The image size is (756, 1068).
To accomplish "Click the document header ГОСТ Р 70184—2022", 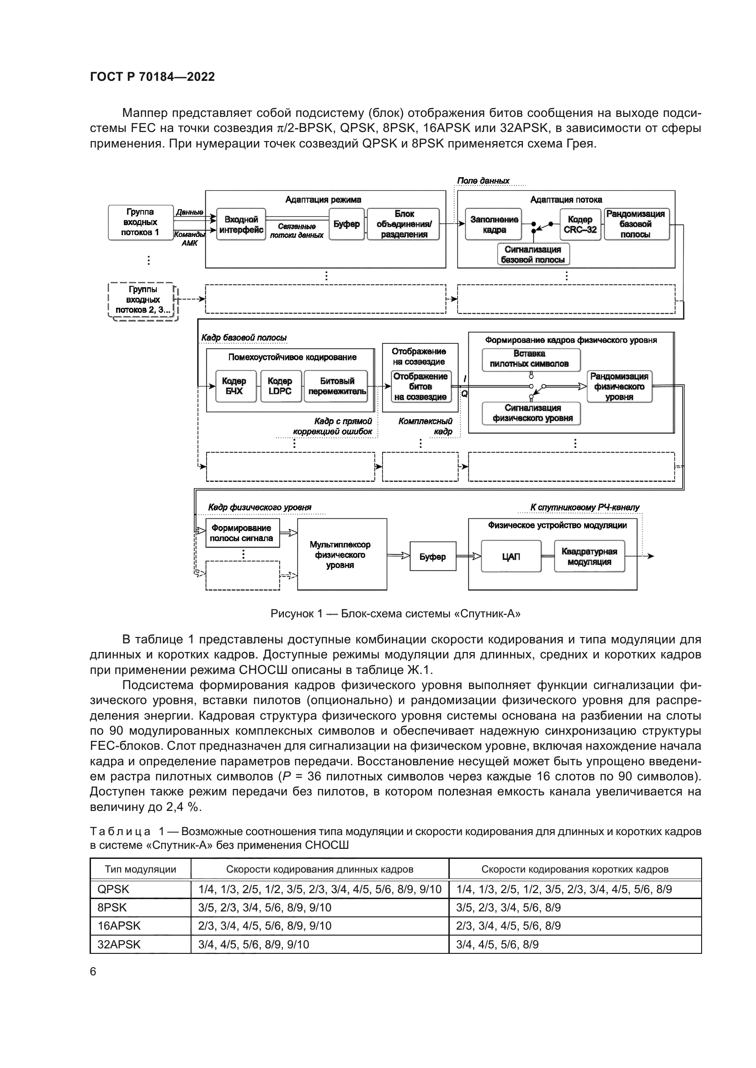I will point(152,77).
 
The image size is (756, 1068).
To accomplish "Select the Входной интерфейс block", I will point(241,224).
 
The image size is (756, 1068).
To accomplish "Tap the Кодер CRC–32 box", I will point(580,224).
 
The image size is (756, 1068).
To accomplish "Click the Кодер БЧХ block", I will point(234,386).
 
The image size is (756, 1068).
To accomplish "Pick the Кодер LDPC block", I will point(280,386).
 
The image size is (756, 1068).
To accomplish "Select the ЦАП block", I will point(511,556).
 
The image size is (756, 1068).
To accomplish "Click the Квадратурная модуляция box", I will point(589,556).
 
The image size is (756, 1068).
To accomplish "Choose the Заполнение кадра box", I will point(494,224).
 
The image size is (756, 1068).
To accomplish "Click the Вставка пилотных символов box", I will point(529,359).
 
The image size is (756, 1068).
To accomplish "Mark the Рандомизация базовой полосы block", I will point(636,224).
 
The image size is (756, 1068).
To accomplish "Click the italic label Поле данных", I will point(483,181).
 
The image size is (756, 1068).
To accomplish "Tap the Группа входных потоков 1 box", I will point(140,222).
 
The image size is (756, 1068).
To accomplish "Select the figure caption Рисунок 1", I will point(395,614).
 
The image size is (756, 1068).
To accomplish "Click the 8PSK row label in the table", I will point(112,908).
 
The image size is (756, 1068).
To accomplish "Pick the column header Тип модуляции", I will point(140,869).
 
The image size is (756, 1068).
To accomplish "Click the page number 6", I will point(93,972).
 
